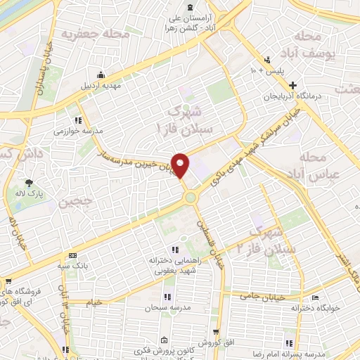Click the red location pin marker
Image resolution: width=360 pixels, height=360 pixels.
pos(181,165)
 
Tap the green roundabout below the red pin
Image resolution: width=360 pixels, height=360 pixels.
pos(191,198)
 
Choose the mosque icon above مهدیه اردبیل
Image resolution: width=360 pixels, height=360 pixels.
pos(103,75)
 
